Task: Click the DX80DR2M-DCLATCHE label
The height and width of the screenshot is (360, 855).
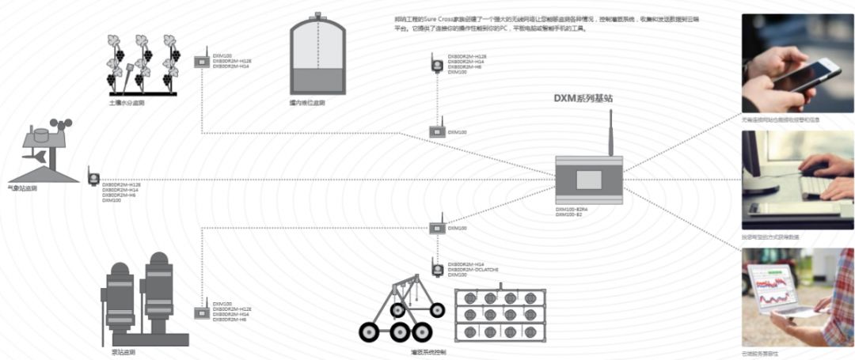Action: point(473,269)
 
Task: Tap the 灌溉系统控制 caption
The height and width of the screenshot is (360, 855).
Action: point(428,351)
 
